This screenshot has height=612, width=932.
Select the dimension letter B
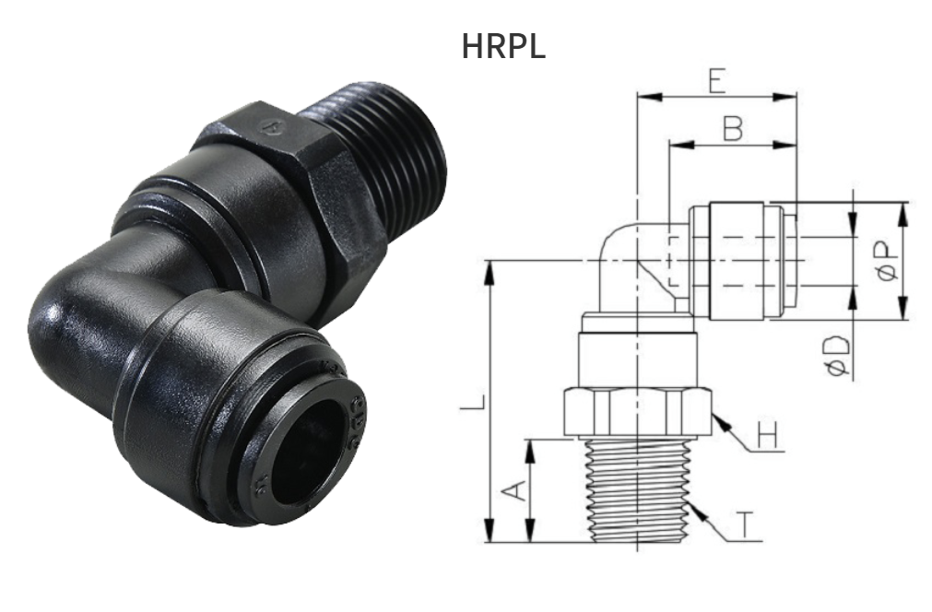pos(732,130)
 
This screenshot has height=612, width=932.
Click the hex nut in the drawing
pos(636,412)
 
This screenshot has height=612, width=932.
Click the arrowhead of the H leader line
pos(717,419)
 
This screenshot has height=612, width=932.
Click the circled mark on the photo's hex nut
pos(270,127)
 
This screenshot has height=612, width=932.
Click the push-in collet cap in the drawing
pos(737,261)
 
